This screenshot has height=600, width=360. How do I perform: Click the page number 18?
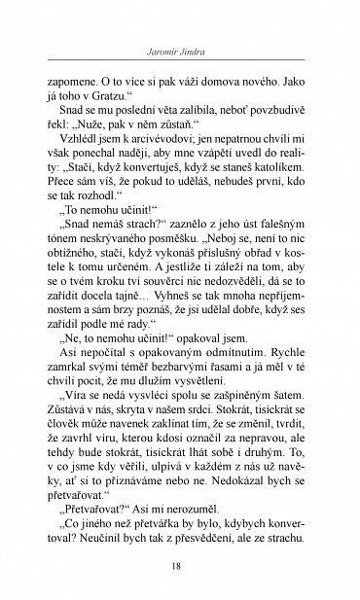click(x=180, y=570)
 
